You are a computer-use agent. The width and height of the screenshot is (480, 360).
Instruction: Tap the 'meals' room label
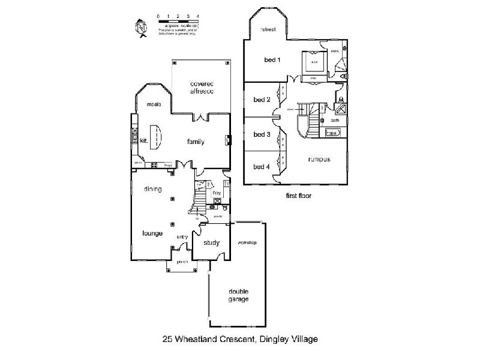pyautogui.click(x=154, y=104)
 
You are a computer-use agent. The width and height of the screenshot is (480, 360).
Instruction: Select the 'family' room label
pyautogui.click(x=196, y=142)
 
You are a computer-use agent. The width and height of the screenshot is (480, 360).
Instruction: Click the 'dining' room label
pyautogui.click(x=153, y=190)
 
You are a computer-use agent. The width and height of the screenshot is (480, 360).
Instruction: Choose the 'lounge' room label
pyautogui.click(x=152, y=233)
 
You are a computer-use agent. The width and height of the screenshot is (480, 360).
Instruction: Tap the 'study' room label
pyautogui.click(x=211, y=243)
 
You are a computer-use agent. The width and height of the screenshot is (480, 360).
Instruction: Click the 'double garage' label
pyautogui.click(x=238, y=296)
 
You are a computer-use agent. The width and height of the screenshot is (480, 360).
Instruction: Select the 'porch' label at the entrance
pyautogui.click(x=182, y=262)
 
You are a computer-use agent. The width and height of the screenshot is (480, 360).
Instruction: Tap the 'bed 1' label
pyautogui.click(x=272, y=60)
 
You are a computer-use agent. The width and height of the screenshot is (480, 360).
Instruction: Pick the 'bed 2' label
pyautogui.click(x=261, y=100)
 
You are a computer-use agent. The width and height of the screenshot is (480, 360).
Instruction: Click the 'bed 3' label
pyautogui.click(x=261, y=134)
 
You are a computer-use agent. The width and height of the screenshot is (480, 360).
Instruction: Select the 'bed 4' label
pyautogui.click(x=261, y=167)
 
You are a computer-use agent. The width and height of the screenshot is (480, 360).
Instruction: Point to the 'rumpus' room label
pyautogui.click(x=319, y=160)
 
